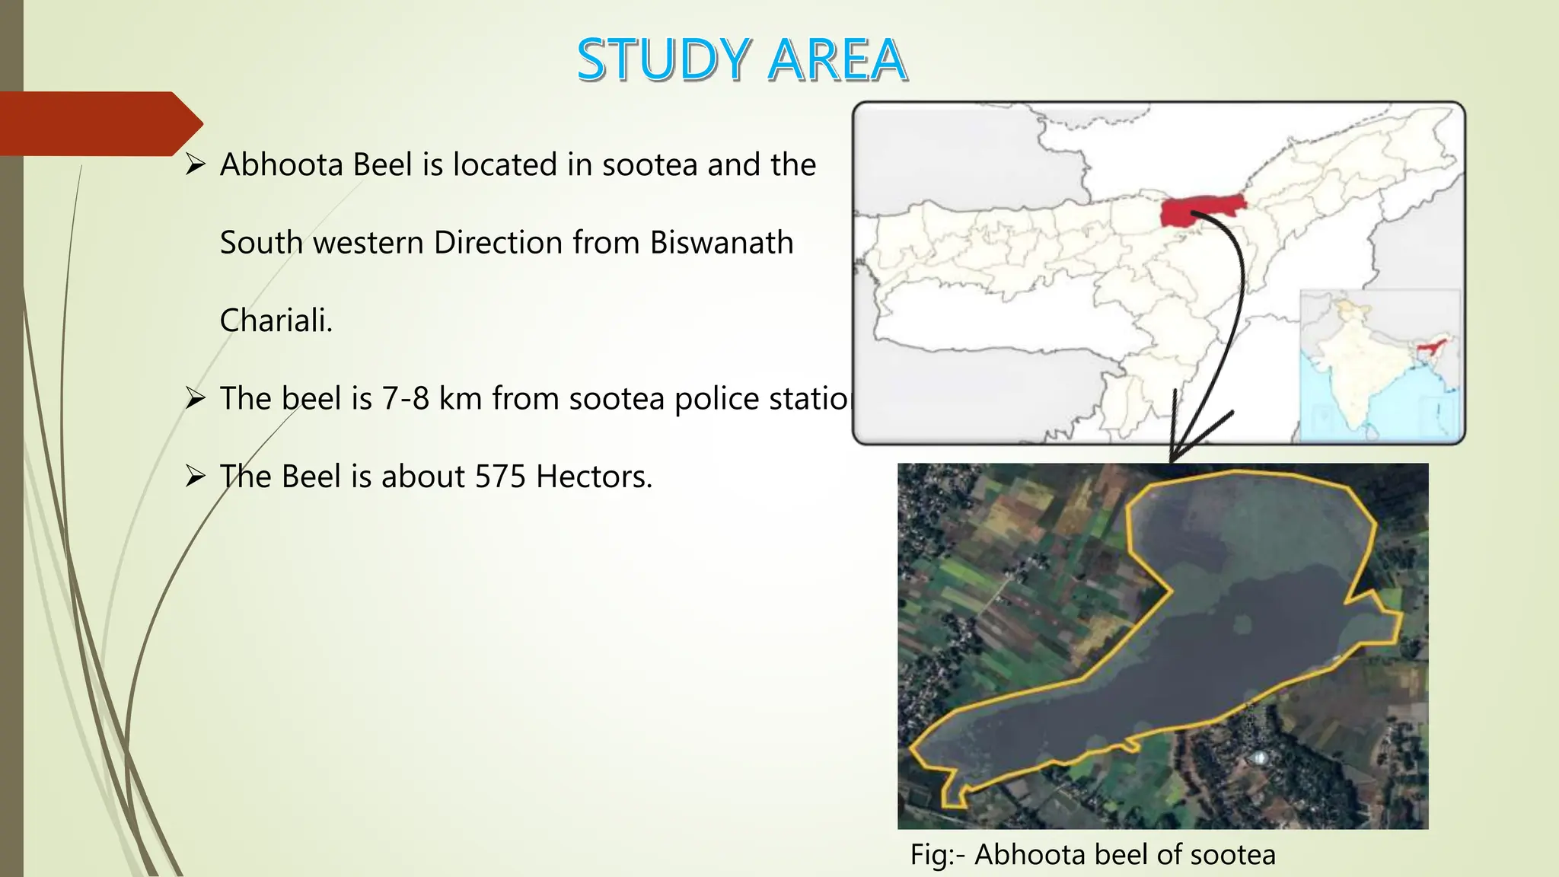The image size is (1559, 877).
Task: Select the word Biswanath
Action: coord(722,243)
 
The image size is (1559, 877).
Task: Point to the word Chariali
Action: coord(276,321)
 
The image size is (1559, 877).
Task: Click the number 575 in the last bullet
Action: coord(500,477)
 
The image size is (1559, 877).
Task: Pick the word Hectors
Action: coord(594,477)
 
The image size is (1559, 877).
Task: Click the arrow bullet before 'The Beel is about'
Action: coord(196,477)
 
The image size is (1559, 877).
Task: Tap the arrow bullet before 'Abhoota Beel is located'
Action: coord(196,164)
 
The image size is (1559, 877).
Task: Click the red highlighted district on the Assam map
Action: coord(1200,209)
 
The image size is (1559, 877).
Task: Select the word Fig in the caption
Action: coord(929,855)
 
